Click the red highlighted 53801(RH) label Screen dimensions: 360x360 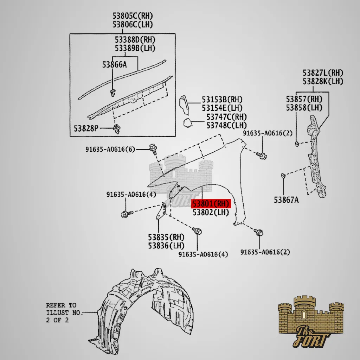211,204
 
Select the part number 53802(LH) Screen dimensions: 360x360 211,213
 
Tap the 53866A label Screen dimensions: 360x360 114,65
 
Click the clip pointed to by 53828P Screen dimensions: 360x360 117,129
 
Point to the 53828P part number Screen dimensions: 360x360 86,128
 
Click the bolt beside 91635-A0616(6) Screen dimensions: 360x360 153,149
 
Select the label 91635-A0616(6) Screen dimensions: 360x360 110,150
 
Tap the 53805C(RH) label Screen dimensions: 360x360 133,16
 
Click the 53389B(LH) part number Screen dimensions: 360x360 135,48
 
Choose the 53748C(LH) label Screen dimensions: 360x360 227,126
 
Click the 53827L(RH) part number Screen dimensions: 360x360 323,73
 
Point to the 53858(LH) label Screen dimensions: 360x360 304,108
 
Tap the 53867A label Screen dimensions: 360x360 286,200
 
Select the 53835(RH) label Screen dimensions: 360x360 166,237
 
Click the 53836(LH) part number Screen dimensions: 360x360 166,246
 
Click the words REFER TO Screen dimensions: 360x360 61,305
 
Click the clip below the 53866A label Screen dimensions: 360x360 112,93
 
